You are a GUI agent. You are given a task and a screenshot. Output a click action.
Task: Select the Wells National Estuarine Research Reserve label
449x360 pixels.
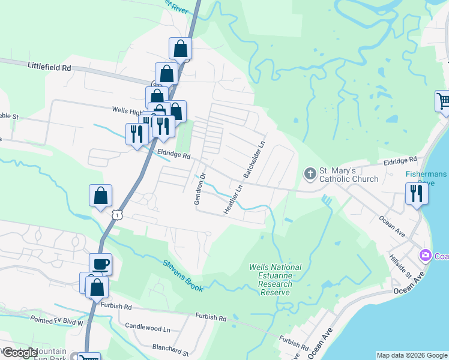coord(276,280)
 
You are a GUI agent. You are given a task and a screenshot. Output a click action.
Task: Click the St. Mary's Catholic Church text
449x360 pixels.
coord(349,175)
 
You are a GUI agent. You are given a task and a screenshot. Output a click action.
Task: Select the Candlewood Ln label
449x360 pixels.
coord(148,329)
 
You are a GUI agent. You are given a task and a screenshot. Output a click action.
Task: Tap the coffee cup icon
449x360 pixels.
coord(100,264)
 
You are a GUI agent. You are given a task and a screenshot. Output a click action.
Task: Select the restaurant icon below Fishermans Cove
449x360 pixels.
coord(417,193)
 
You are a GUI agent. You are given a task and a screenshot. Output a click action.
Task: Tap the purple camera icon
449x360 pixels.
coord(426,256)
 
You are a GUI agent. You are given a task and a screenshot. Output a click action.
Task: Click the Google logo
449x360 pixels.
coord(20,353)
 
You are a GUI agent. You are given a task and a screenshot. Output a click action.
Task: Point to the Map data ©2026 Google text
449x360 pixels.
coord(412,355)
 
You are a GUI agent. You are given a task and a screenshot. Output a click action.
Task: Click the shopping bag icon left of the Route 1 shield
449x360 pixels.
coord(100,196)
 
